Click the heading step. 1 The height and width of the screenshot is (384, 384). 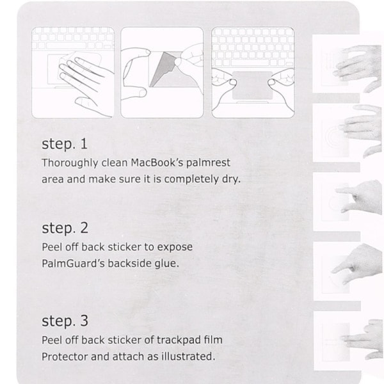tap(65, 144)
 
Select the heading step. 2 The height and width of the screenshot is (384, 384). tap(65, 228)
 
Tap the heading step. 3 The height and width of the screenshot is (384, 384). tap(65, 321)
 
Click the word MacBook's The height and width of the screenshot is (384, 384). tap(157, 163)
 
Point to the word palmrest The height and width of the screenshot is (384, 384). tap(208, 163)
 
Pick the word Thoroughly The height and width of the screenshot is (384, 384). tap(70, 163)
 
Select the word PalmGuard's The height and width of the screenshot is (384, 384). tap(73, 264)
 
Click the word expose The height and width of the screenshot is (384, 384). tap(175, 247)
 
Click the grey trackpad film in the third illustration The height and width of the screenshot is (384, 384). tap(252, 85)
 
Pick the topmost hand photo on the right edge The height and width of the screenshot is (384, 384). tap(358, 68)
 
